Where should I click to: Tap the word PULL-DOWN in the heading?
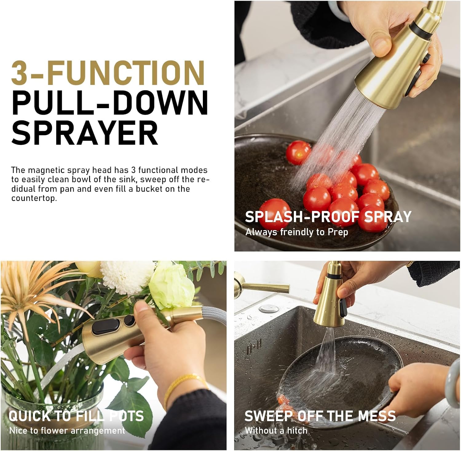coord(110,102)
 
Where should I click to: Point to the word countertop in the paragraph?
coord(34,198)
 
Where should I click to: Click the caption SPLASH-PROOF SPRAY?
coord(328,217)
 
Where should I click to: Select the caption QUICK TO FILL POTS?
coord(76,416)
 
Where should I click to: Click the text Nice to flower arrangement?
coord(67,431)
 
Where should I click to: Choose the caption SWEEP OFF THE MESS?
coord(320,416)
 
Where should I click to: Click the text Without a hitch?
coord(276,431)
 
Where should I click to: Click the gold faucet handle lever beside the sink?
coord(264,288)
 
